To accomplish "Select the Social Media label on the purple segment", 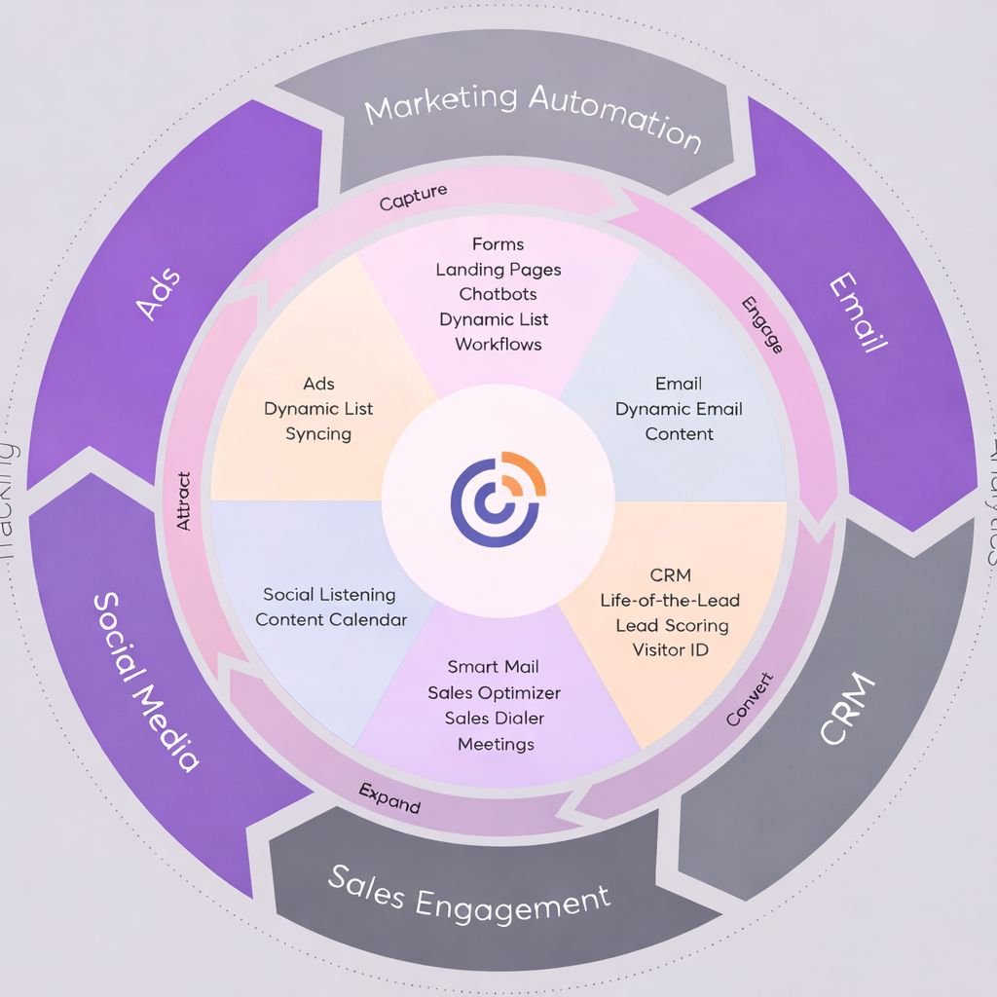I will (x=147, y=681).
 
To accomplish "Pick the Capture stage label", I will (x=414, y=198).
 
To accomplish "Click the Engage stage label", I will (x=762, y=324).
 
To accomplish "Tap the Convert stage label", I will (x=750, y=699).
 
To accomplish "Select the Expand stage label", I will (x=389, y=798).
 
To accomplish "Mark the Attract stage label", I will (x=183, y=501).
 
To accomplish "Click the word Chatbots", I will (x=498, y=294).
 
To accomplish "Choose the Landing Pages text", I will (x=498, y=270).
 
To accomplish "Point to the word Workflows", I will (x=498, y=344).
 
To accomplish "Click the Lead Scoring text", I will (x=672, y=625).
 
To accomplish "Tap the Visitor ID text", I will (x=671, y=649).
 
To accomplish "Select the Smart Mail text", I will (x=494, y=667).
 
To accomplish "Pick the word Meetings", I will (x=496, y=744).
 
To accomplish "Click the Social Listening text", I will (x=329, y=594).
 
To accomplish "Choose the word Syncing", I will (x=318, y=434).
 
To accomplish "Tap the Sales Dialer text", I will (x=495, y=719).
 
